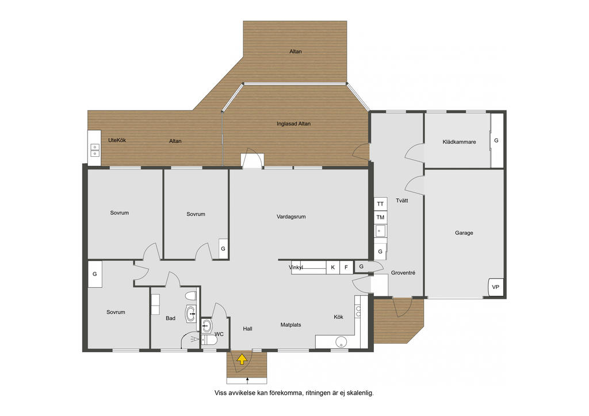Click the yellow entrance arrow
[242, 359]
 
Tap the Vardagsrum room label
[291, 217]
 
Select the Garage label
[464, 233]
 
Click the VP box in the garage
[495, 287]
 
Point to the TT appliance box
[381, 203]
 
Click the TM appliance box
[381, 217]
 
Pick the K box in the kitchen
[333, 267]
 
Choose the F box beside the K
[346, 267]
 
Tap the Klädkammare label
[459, 142]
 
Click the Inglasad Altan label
[294, 124]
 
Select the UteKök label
[117, 140]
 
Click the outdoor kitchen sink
[95, 150]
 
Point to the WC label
[219, 334]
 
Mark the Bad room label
[170, 318]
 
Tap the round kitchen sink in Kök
[341, 342]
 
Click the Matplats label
[290, 325]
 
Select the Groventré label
[403, 273]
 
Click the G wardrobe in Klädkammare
[497, 140]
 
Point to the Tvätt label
[402, 201]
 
